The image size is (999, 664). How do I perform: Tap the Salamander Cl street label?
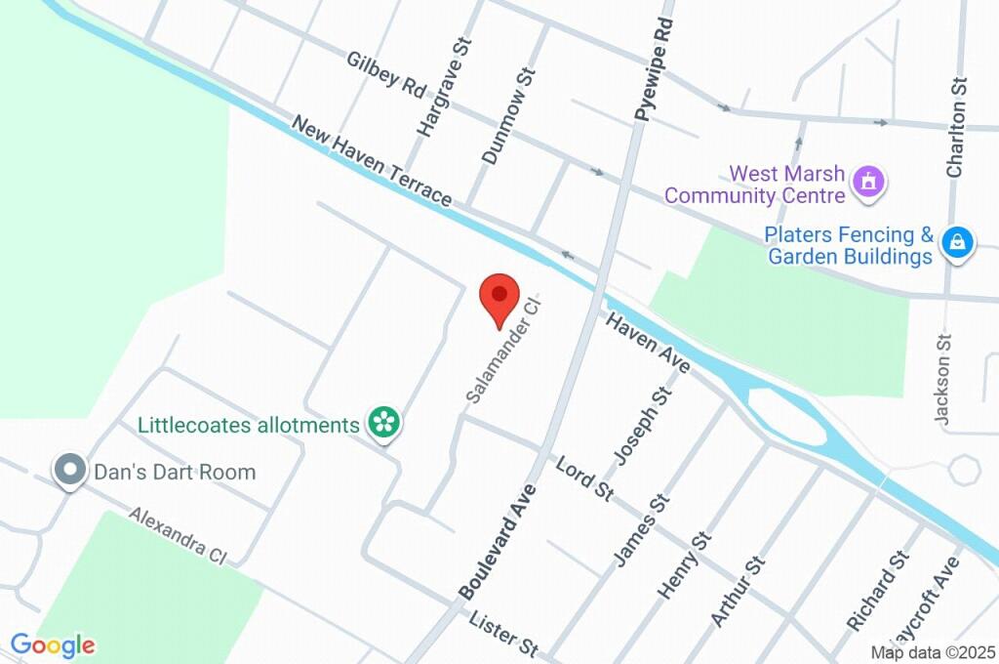click(502, 352)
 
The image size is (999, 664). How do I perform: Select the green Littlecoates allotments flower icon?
click(383, 424)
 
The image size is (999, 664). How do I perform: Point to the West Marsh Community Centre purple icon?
click(867, 182)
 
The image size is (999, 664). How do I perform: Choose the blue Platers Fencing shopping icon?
click(957, 243)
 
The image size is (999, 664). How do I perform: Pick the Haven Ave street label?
click(649, 343)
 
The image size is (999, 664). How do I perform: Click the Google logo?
click(53, 644)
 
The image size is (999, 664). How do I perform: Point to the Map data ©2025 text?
click(933, 652)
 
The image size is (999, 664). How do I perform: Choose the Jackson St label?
click(943, 377)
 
